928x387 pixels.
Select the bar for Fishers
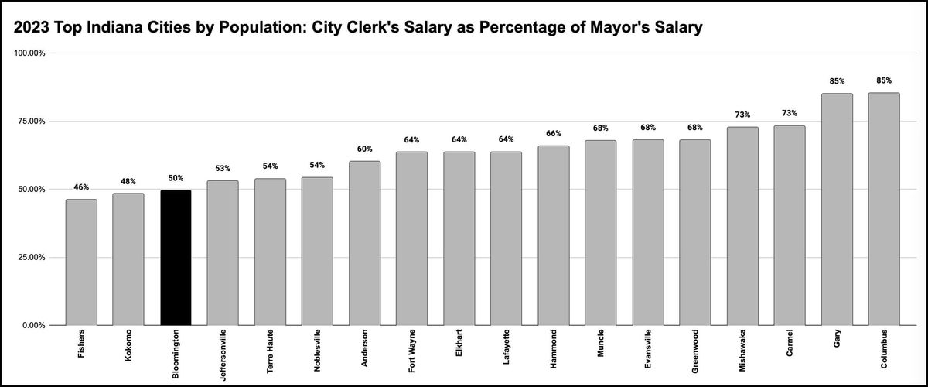[x=81, y=262]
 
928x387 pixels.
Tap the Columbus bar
[x=884, y=209]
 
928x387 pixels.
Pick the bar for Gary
[x=837, y=209]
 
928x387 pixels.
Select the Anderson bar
[x=364, y=243]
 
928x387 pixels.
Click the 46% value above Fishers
[x=81, y=187]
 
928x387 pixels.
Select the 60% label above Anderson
[x=364, y=149]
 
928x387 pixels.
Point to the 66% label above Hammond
[x=554, y=133]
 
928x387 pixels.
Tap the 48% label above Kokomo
[x=128, y=182]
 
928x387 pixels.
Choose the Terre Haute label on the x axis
[x=270, y=352]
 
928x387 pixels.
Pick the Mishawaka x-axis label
[x=742, y=352]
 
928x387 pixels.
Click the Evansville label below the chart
[x=648, y=352]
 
